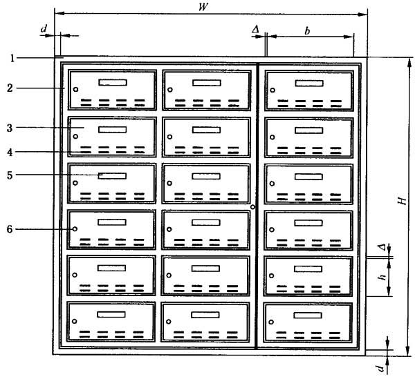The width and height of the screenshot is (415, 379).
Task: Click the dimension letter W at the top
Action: pos(203,7)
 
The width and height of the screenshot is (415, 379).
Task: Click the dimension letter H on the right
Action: pos(402,201)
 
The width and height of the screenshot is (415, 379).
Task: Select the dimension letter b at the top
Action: pos(307,31)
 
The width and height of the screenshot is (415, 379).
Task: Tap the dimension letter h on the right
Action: pos(382,277)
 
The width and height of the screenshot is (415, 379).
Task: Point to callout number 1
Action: pos(12,58)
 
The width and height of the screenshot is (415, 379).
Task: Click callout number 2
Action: pos(10,88)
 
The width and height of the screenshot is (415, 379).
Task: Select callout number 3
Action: pos(10,128)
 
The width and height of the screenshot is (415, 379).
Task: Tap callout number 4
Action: pos(10,152)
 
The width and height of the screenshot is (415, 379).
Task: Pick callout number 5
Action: pos(10,175)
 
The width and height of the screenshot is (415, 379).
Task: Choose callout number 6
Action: pos(10,229)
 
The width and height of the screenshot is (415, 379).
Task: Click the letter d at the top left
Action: pos(44,28)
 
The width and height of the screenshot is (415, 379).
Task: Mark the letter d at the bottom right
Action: pos(381,368)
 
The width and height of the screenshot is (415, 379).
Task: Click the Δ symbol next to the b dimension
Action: pos(255,29)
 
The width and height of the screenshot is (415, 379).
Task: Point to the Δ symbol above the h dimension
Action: pos(382,247)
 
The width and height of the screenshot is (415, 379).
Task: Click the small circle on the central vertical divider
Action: pos(252,207)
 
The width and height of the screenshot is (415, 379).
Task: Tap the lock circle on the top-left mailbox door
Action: pos(75,89)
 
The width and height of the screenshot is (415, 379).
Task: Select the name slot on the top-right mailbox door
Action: pos(309,84)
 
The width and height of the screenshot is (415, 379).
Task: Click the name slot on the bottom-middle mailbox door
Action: pos(205,315)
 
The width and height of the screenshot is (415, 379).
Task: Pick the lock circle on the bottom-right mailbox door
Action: pos(271,322)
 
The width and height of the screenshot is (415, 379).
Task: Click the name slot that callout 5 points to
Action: pos(112,176)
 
